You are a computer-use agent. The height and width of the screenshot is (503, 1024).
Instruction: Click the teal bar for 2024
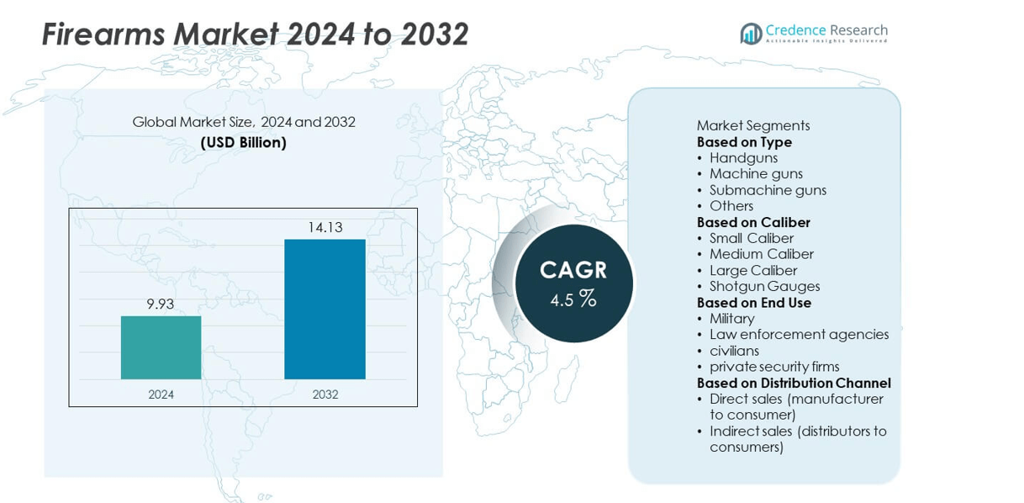coord(161,347)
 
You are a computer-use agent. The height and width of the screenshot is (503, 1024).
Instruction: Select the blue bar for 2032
coord(325,309)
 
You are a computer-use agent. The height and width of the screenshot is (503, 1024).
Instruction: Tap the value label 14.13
coord(325,227)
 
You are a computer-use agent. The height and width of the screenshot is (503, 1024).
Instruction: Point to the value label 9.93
coord(160,304)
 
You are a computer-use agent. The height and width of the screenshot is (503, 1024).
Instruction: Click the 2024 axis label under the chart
coord(161,394)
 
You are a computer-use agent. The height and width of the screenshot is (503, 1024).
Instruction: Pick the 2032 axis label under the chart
coord(325,394)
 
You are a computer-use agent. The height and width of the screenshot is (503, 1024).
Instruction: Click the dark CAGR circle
coord(573,283)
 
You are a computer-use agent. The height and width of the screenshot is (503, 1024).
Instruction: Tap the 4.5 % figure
coord(573,299)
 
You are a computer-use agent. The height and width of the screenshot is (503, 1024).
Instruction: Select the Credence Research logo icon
coord(750,34)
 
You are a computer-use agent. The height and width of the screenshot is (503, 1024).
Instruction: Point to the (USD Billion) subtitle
coord(243,142)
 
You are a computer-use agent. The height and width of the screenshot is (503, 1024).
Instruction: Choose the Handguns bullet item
coord(743,158)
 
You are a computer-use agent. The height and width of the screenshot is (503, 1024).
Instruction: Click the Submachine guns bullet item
coord(768,190)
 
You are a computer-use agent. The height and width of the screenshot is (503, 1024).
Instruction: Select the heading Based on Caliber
coord(753,222)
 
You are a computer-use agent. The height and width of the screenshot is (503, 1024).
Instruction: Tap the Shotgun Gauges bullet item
coord(764,286)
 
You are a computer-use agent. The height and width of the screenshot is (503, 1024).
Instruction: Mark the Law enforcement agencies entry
coord(799,334)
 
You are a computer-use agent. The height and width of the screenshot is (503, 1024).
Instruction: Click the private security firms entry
coord(774,367)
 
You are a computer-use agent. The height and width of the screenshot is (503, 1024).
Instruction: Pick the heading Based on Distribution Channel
coord(794,383)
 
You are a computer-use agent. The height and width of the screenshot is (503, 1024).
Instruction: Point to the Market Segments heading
coord(753,125)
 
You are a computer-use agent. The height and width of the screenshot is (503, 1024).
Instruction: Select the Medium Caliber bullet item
coord(761,254)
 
